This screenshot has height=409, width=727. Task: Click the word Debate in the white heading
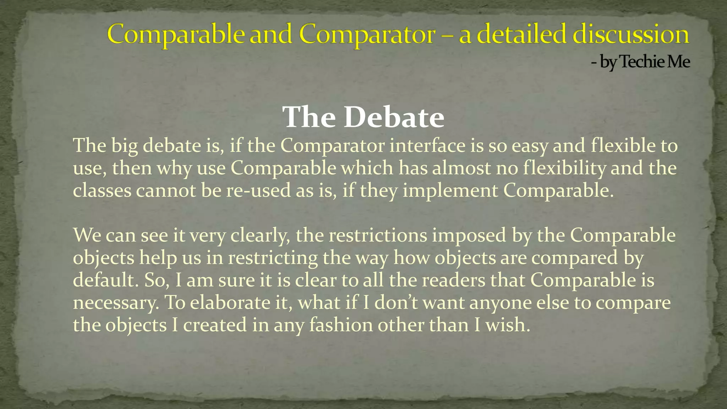[x=394, y=117]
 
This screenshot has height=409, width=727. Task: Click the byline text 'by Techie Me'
[x=645, y=62]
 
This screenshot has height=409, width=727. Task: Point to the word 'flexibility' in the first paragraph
[x=564, y=168]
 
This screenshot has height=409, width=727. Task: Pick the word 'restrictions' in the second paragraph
[x=378, y=235]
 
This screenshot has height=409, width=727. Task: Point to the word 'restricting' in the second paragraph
[x=273, y=257]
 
